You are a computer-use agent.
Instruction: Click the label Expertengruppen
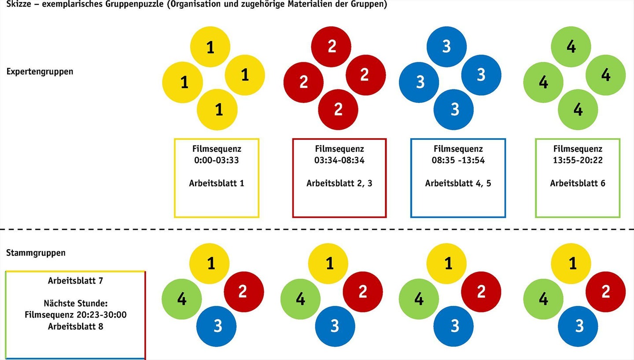40,71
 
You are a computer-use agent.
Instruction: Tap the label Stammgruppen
36,253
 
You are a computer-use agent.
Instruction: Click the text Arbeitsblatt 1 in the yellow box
217,183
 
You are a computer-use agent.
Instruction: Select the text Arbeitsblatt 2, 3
339,183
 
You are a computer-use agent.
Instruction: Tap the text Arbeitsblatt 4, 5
458,183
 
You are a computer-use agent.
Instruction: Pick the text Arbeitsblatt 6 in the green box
577,183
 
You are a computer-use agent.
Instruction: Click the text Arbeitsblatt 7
75,280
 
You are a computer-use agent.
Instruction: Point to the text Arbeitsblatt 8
75,327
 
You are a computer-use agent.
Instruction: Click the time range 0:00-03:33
216,160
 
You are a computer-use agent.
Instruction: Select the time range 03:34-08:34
339,160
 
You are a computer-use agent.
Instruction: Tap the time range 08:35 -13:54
458,160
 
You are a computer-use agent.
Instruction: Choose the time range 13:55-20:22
577,160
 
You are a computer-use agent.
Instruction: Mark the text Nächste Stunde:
75,303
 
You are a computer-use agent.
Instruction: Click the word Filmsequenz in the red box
339,149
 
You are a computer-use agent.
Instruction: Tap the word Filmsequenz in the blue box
458,149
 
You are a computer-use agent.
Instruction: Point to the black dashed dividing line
317,229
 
